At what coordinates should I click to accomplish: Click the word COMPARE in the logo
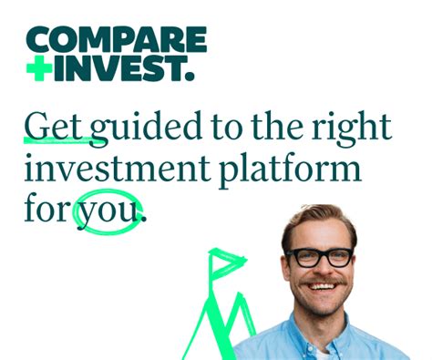point(116,39)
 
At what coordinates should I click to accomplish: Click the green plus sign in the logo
point(39,69)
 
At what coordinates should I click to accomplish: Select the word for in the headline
point(46,212)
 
